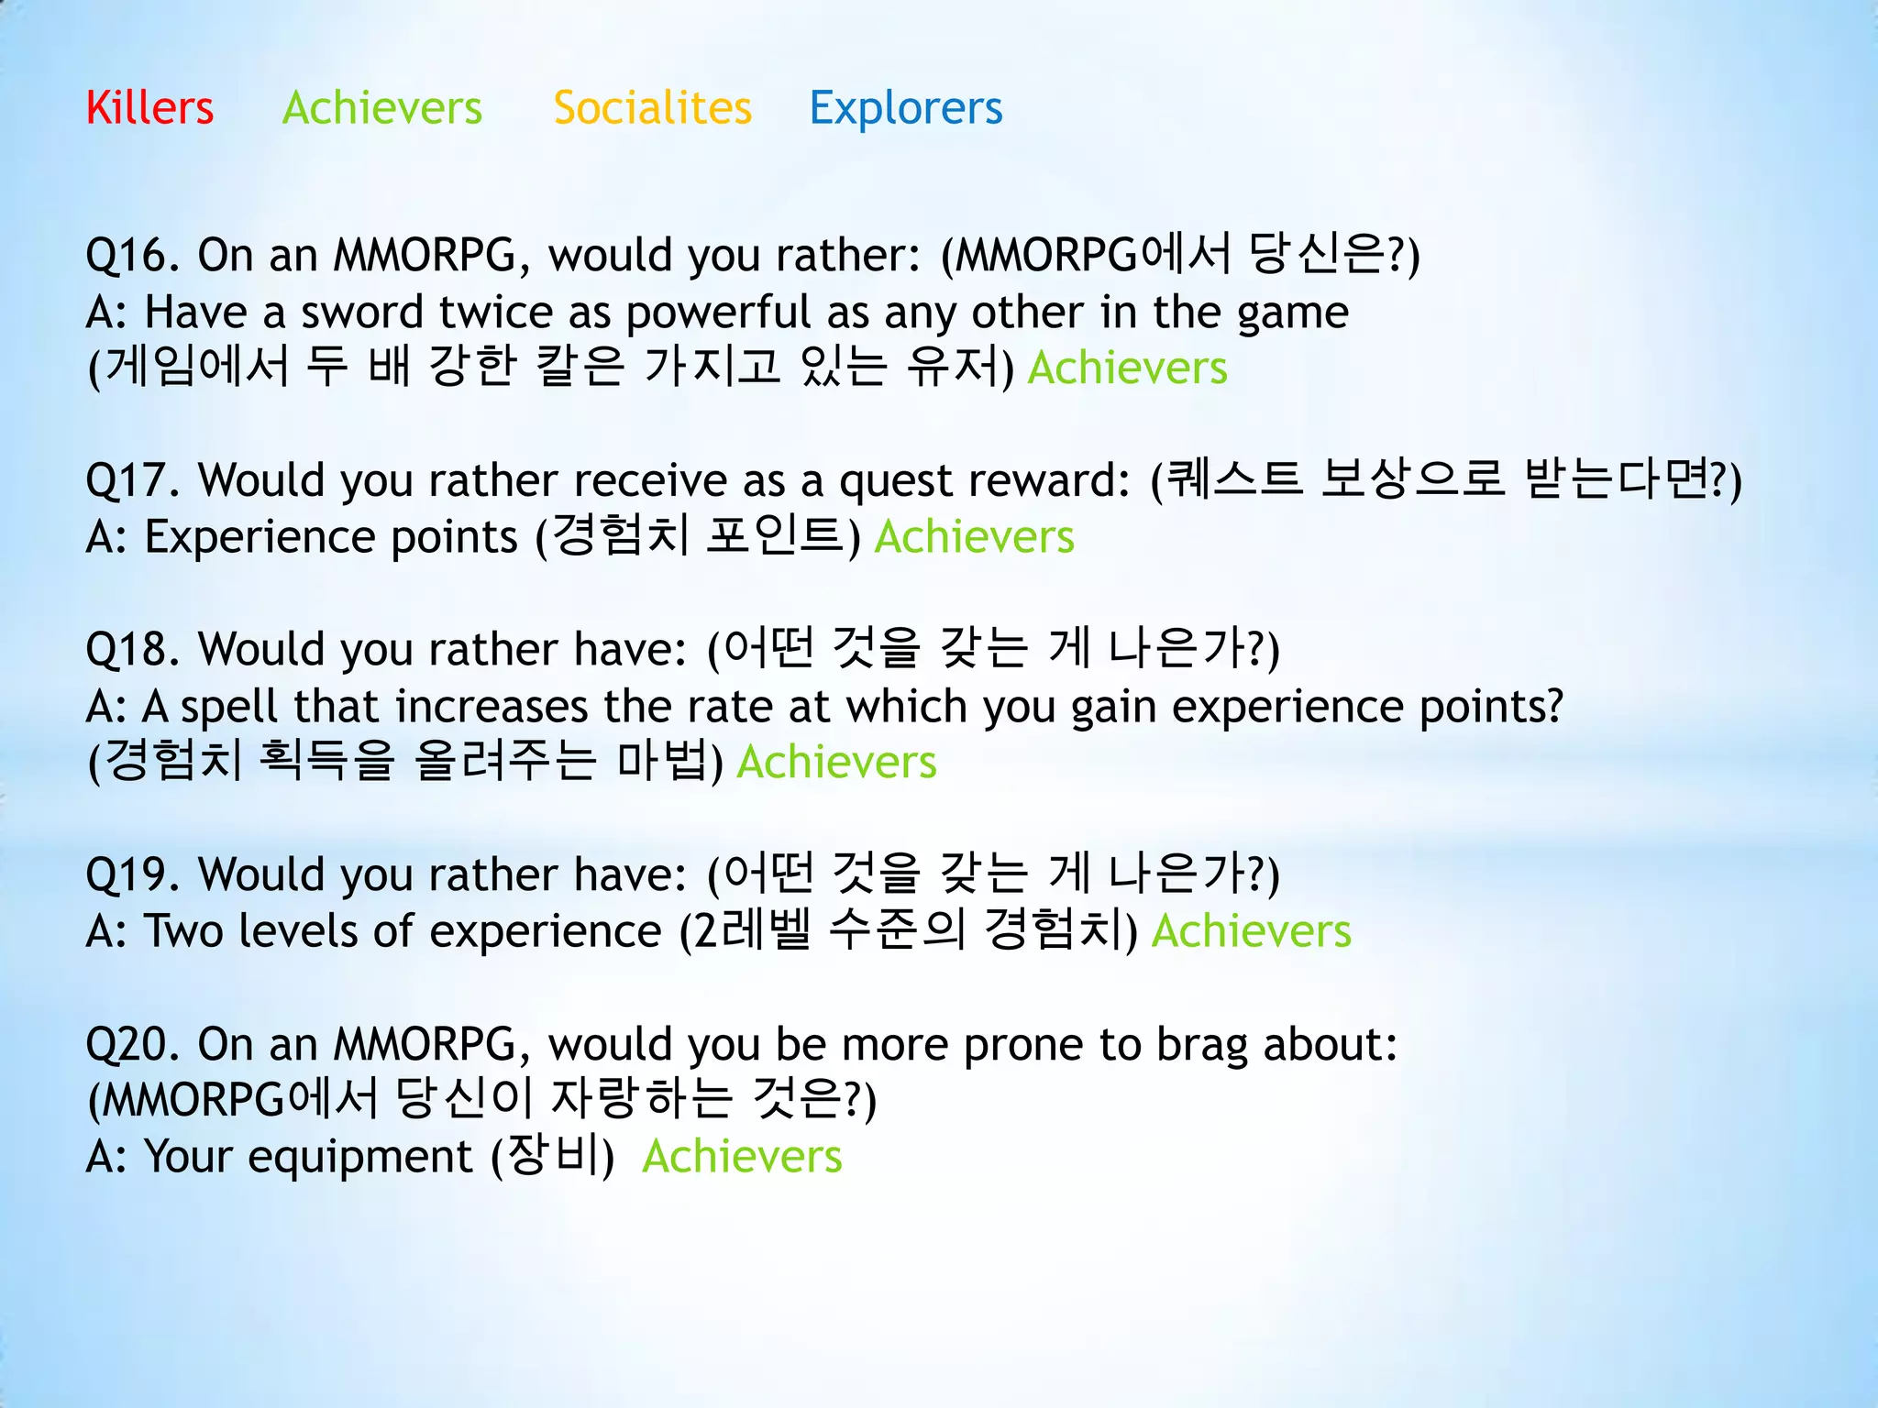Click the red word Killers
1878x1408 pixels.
coord(149,108)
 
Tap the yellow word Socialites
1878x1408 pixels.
coord(652,108)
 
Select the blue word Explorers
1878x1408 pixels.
coord(905,108)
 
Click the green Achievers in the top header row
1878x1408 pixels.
coord(381,108)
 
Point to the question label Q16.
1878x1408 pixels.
coord(132,255)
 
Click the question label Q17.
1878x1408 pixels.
coord(132,480)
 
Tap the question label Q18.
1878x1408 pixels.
coord(132,649)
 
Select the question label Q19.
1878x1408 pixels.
coord(132,874)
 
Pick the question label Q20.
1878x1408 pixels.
coord(132,1044)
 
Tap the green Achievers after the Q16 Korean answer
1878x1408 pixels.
coord(1127,368)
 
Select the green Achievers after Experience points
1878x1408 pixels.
coord(974,537)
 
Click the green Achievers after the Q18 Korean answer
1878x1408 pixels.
coord(836,763)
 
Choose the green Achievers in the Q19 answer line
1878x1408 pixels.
coord(1251,931)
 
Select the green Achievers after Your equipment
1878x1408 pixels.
coord(742,1157)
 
